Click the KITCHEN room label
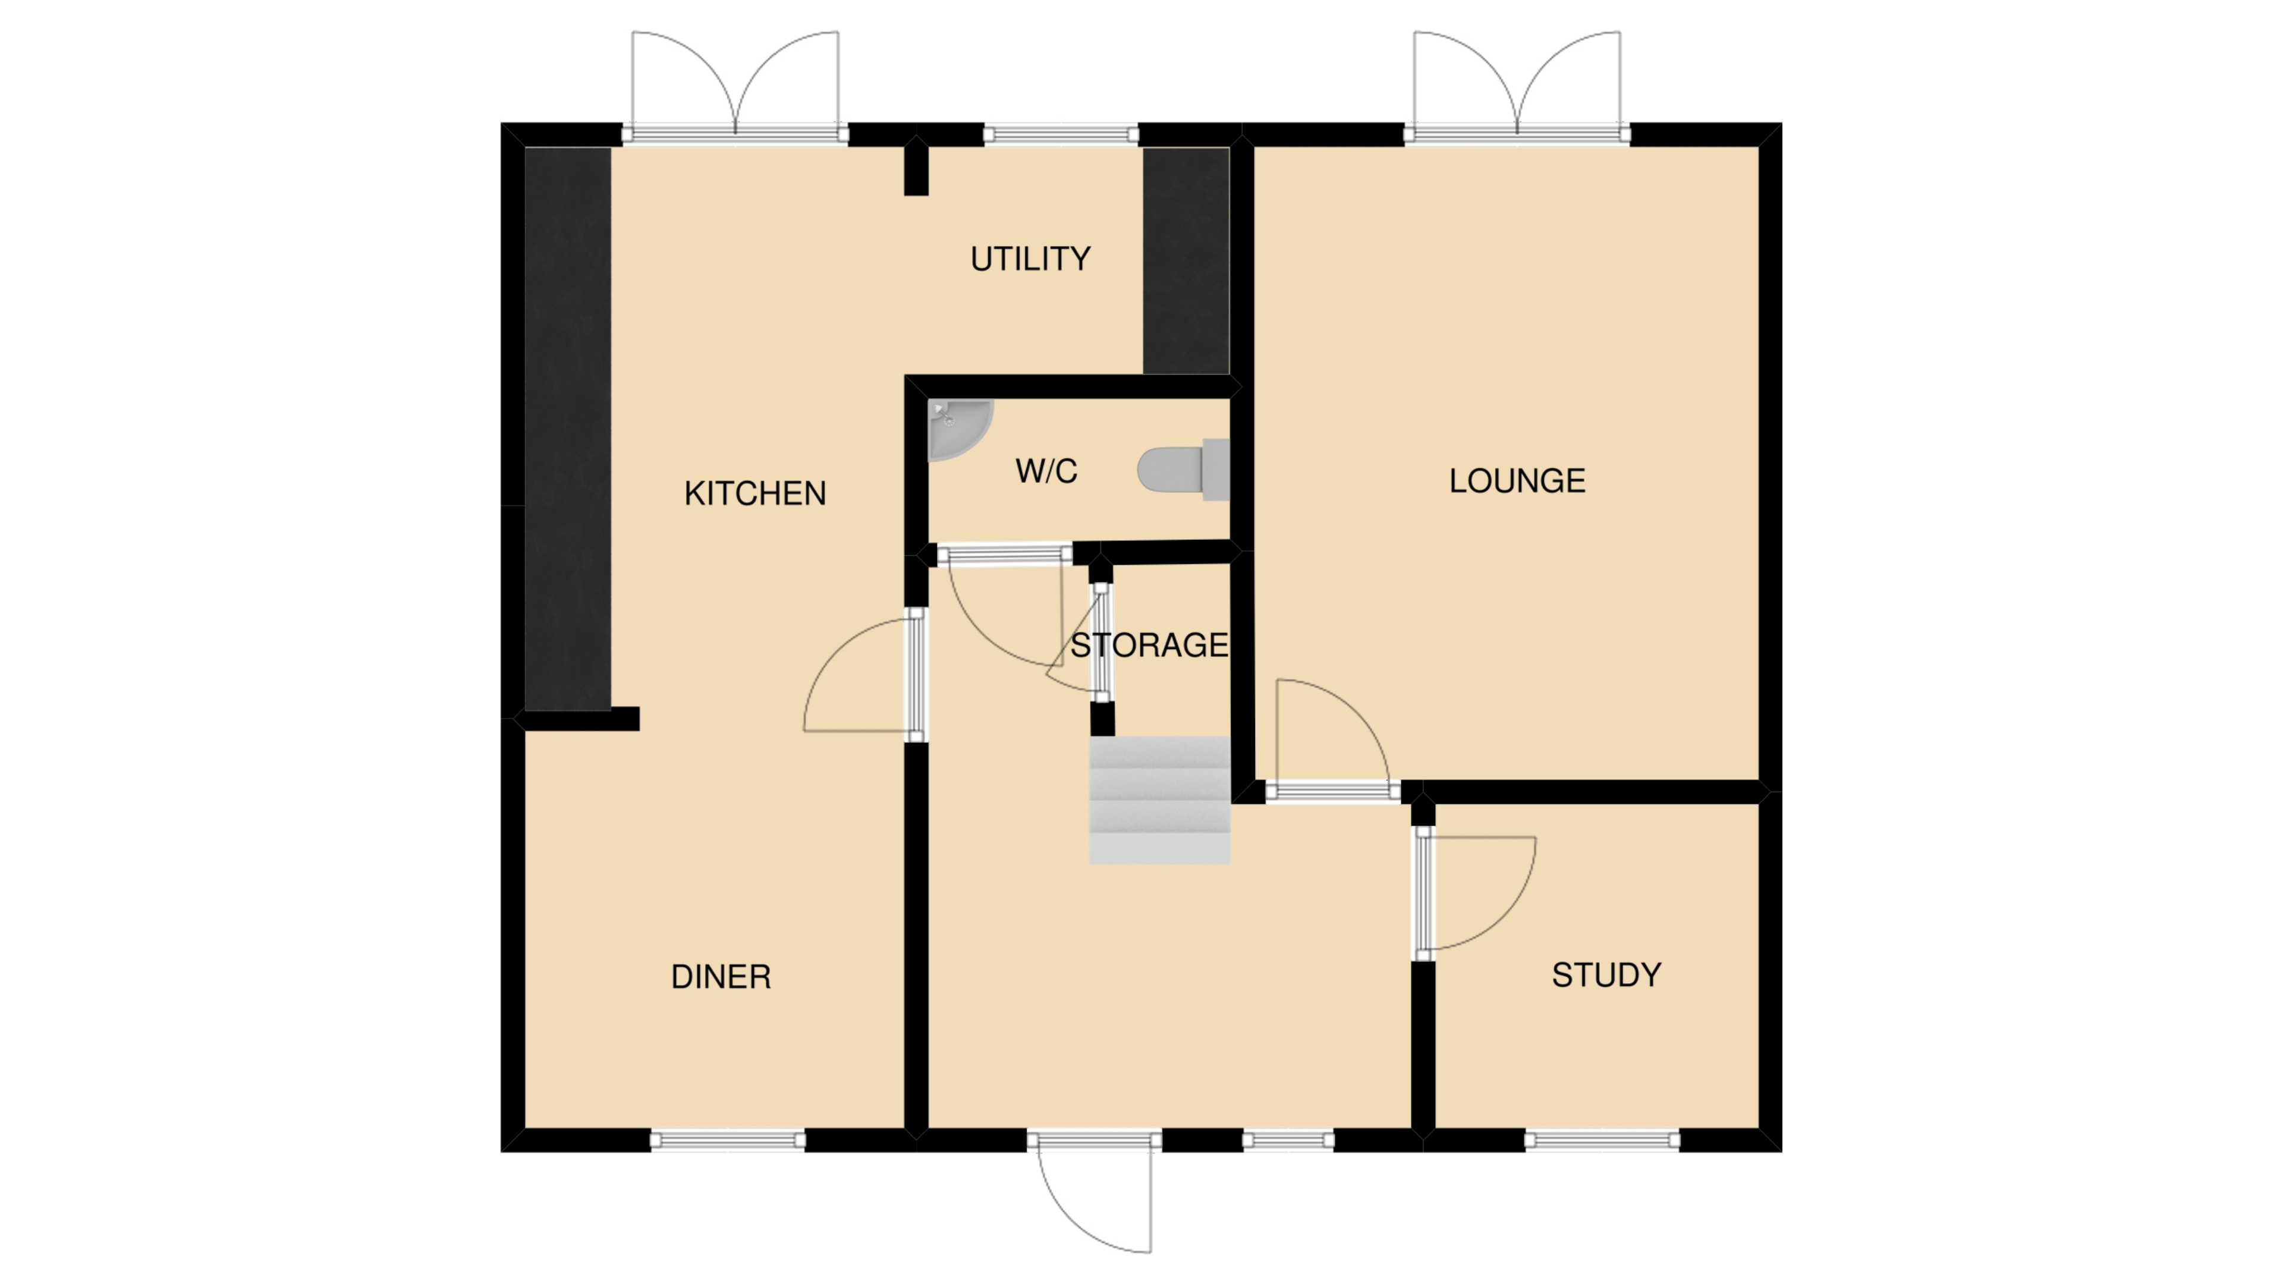pyautogui.click(x=755, y=493)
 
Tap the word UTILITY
pyautogui.click(x=1030, y=259)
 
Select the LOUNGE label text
pyautogui.click(x=1517, y=481)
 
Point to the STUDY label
pyautogui.click(x=1606, y=975)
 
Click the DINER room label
pyautogui.click(x=721, y=977)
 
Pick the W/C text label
pyautogui.click(x=1046, y=471)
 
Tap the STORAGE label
pyautogui.click(x=1149, y=645)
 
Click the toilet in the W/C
pyautogui.click(x=1183, y=470)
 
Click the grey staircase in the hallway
pyautogui.click(x=1159, y=800)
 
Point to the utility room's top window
pyautogui.click(x=1061, y=135)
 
